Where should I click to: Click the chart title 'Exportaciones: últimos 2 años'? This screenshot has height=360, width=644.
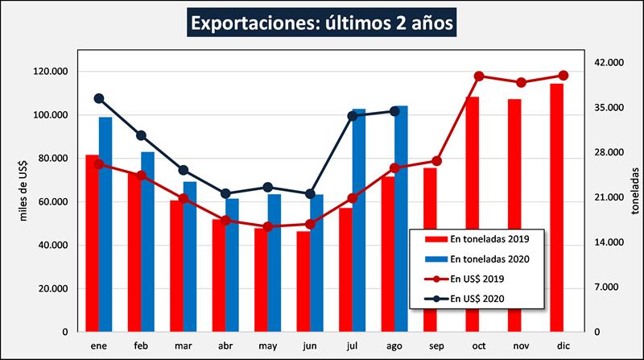pyautogui.click(x=323, y=23)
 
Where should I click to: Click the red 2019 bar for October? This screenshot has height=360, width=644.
pyautogui.click(x=472, y=213)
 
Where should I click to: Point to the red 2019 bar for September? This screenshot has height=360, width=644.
pyautogui.click(x=430, y=250)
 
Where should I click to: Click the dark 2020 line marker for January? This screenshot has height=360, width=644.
pyautogui.click(x=99, y=98)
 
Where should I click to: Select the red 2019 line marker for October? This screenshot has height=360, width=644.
pyautogui.click(x=479, y=76)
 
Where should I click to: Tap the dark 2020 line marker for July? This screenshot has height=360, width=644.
pyautogui.click(x=353, y=116)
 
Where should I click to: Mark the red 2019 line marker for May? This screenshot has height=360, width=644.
pyautogui.click(x=267, y=226)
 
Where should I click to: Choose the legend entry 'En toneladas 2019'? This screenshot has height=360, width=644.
pyautogui.click(x=478, y=238)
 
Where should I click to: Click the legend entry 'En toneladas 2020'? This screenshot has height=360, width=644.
pyautogui.click(x=478, y=259)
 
